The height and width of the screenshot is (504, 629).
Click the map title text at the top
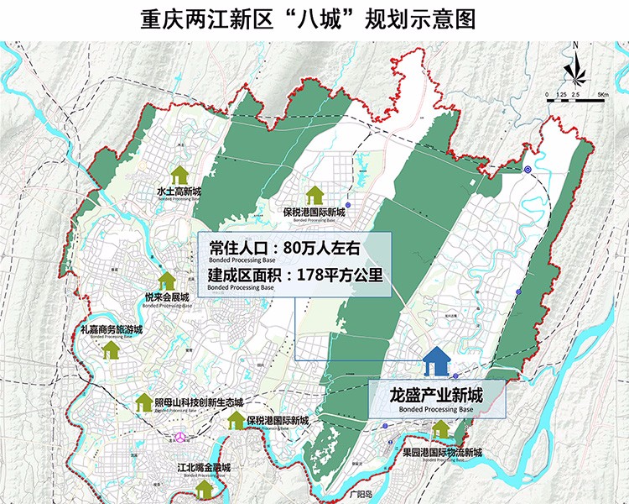click(314, 19)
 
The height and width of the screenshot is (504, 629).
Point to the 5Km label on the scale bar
click(602, 95)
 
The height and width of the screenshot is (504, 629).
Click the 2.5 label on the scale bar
click(575, 95)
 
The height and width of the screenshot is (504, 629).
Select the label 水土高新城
click(179, 191)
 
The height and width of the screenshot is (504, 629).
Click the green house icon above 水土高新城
click(179, 175)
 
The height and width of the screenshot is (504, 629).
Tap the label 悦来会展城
click(167, 297)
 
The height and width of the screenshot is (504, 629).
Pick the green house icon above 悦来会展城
click(167, 281)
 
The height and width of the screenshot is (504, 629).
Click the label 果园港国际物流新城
click(442, 453)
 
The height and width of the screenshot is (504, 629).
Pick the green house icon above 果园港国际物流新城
click(442, 431)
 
